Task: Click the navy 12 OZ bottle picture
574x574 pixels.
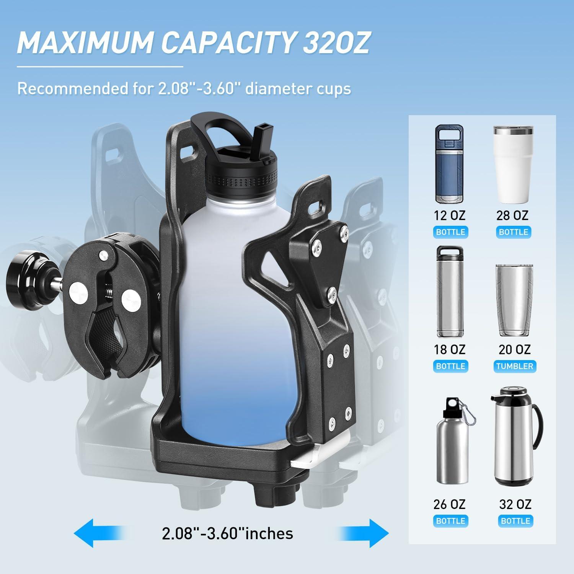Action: point(450,165)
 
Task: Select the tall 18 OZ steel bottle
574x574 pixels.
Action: point(450,292)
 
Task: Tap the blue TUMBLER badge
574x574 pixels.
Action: point(514,366)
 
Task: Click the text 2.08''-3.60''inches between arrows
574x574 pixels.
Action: point(227,533)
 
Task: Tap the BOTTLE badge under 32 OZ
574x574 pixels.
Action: point(515,521)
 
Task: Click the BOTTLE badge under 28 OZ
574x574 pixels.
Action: point(513,232)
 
